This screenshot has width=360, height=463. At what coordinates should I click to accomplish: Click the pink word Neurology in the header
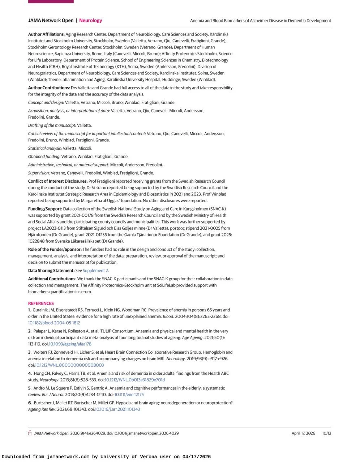coord(90,21)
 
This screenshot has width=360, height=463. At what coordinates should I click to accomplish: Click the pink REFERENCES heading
coord(41,303)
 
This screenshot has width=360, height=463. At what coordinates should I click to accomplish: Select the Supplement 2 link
coord(95,271)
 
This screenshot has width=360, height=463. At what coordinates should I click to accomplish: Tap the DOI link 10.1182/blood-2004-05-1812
coord(54,323)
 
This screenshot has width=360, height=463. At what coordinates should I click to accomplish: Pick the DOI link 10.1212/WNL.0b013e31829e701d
coord(134,380)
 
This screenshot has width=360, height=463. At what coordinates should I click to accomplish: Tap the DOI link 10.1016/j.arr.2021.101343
coord(117,409)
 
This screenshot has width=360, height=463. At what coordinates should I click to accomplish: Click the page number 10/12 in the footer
coord(326,433)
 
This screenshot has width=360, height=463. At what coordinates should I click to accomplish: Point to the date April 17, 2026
coord(303,433)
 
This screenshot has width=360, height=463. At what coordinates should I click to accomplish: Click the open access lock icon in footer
coord(30,433)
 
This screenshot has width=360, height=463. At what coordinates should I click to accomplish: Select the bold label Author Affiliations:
coord(46,34)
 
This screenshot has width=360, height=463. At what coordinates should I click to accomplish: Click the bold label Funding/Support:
coord(45,209)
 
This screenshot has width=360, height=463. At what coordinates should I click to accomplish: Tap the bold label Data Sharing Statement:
coord(51,271)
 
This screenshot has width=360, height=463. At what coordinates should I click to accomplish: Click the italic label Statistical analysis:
coord(45,148)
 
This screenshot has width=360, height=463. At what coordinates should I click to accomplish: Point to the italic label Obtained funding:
coord(44,157)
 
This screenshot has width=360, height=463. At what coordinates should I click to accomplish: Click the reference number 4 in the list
coord(30,374)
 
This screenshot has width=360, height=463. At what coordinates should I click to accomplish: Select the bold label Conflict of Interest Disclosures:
coord(58,181)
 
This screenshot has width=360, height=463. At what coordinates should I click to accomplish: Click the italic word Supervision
coord(38,173)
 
